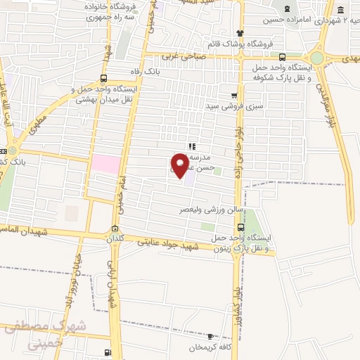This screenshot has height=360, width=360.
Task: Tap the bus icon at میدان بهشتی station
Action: [x=104, y=78]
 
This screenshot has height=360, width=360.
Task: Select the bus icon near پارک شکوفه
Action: [x=282, y=58]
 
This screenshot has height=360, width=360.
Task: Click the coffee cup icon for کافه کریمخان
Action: [x=210, y=337]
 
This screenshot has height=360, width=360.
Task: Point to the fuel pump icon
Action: [x=107, y=352]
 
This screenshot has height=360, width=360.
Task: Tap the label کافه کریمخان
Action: [x=211, y=348]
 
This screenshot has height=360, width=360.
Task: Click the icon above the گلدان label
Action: [x=115, y=227]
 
